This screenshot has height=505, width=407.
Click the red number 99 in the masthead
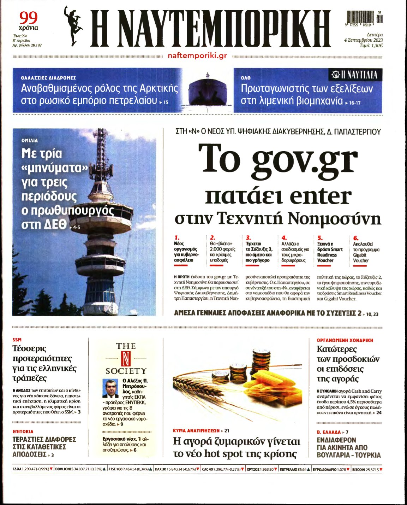(28, 17)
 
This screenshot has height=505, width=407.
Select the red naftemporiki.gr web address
(197, 56)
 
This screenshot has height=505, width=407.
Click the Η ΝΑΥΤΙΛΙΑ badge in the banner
(355, 75)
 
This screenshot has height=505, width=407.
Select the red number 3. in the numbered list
(248, 238)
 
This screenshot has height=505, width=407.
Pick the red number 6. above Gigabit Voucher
(355, 238)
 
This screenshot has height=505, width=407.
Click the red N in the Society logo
(126, 359)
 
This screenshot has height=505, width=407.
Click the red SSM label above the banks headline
(17, 340)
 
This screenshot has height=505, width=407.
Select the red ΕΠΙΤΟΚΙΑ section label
(23, 431)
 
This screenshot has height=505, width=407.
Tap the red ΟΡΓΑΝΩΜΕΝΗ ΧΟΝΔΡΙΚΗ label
(345, 340)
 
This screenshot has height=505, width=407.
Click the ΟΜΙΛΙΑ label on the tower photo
(30, 140)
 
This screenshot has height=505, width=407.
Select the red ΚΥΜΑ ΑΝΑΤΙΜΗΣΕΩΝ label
(196, 430)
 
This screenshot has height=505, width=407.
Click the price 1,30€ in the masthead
(376, 45)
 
